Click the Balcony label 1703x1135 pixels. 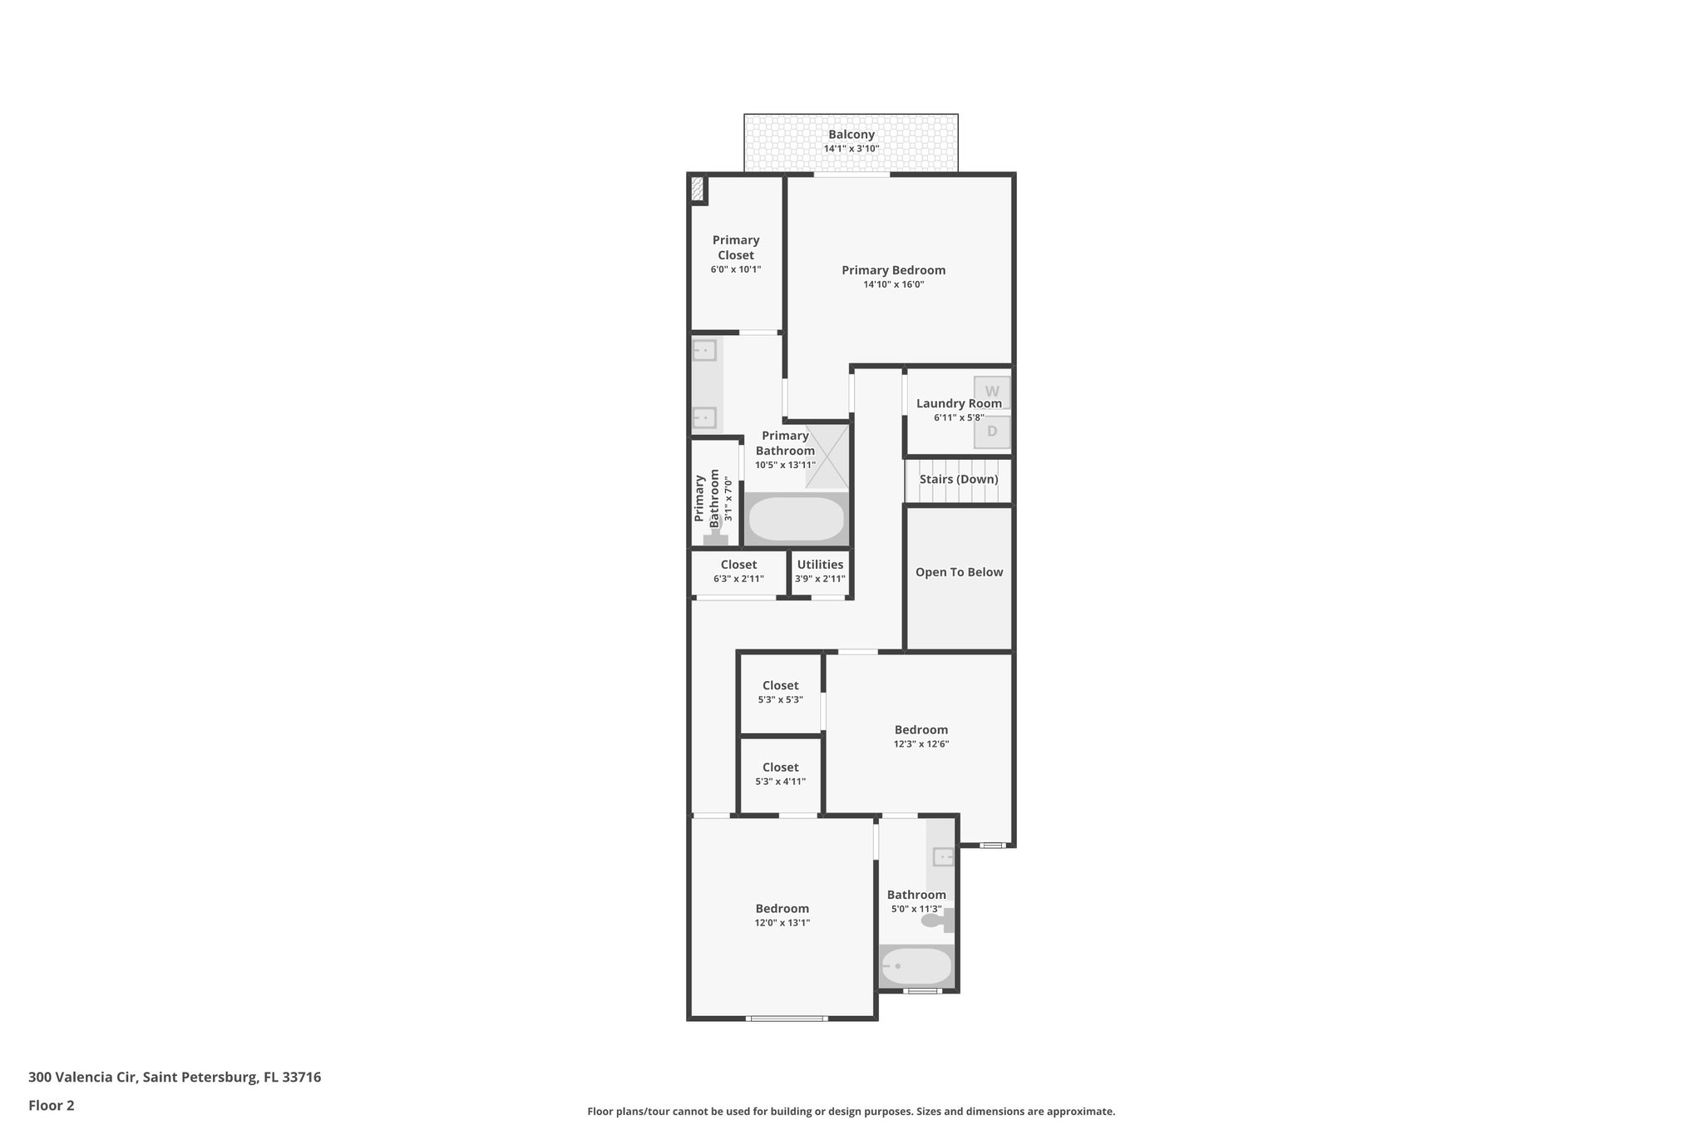coord(851,135)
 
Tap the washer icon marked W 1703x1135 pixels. coord(992,392)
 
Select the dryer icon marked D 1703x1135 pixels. coord(992,432)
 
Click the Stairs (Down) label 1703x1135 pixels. coord(959,480)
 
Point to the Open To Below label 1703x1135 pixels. coord(959,572)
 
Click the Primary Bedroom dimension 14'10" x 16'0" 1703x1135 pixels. coord(893,284)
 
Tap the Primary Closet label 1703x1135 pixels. coord(735,248)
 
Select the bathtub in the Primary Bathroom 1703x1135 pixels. coord(796,519)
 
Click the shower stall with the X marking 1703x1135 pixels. coord(827,456)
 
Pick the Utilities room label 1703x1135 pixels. coord(820,565)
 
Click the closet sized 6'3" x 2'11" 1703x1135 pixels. coord(738,571)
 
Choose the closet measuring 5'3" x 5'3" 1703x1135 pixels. coord(780,692)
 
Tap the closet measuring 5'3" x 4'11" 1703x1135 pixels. coord(780,773)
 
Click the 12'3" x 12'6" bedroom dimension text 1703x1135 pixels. coord(921,744)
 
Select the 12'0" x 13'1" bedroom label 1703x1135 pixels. coord(782,909)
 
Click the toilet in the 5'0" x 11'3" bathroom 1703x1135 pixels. coord(935,920)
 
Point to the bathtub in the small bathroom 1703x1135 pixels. coord(916,966)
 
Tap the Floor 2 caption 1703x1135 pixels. coord(52,1106)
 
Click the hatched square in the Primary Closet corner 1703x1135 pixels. coord(698,190)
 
